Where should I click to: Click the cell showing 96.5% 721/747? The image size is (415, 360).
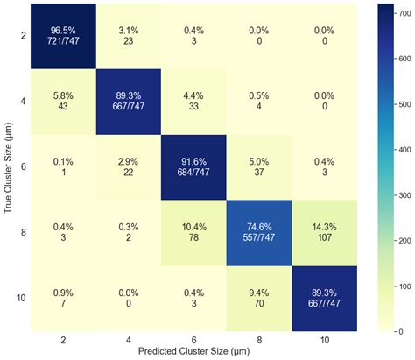[x=63, y=36]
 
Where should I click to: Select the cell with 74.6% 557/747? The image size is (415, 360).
[x=259, y=233]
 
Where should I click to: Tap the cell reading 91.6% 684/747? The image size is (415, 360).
[x=193, y=167]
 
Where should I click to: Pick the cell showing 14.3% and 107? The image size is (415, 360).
[x=324, y=233]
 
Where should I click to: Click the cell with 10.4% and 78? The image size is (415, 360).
[x=193, y=233]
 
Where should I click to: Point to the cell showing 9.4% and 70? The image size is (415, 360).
[x=259, y=299]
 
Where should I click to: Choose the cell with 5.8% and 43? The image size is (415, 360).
[x=63, y=102]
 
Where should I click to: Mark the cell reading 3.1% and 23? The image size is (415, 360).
[x=129, y=36]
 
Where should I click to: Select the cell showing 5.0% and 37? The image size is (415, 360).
[x=259, y=167]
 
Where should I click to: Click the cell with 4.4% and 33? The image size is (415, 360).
[x=193, y=102]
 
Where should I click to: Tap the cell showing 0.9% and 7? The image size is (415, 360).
[x=63, y=299]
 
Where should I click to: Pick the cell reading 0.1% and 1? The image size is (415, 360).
[x=63, y=167]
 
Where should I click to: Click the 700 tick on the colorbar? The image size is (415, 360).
[x=396, y=13]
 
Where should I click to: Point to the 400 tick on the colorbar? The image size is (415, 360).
[x=396, y=150]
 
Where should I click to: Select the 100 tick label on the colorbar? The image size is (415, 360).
[x=404, y=286]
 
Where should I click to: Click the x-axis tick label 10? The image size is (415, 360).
[x=324, y=340]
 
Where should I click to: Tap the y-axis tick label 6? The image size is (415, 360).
[x=24, y=167]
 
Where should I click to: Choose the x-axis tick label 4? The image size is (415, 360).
[x=129, y=340]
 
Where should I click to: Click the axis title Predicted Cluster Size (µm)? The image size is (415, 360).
[x=193, y=351]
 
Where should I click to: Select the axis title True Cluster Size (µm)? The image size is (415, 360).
[x=9, y=167]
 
